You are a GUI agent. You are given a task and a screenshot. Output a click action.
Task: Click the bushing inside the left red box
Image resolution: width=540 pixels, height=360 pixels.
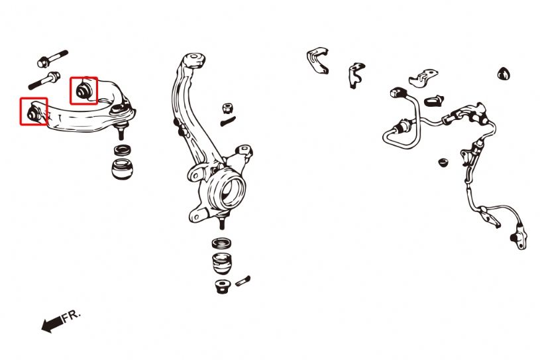tap(32, 113)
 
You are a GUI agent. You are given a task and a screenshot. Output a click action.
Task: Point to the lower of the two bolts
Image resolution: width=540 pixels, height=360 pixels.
tap(44, 80)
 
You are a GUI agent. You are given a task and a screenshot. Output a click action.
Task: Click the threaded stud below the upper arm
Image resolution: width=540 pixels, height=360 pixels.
tap(121, 133)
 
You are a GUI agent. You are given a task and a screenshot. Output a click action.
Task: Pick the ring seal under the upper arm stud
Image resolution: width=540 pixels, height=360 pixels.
tap(123, 150)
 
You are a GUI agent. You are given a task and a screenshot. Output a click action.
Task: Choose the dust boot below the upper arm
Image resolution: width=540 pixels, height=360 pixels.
tap(122, 168)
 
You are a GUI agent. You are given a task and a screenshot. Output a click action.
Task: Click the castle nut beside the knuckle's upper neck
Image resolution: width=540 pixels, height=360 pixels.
tap(227, 108)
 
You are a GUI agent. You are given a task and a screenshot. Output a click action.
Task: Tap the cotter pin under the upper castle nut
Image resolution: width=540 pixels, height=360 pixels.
tap(228, 121)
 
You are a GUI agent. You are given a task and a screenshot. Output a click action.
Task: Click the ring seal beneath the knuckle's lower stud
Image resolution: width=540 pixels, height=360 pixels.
tap(222, 243)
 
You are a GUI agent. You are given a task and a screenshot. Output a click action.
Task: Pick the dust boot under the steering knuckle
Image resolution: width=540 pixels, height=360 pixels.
tap(222, 264)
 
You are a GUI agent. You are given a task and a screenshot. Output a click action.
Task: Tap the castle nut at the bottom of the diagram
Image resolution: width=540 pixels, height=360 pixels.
tap(222, 286)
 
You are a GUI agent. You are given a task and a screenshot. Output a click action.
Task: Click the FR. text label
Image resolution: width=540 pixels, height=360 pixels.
tap(72, 316)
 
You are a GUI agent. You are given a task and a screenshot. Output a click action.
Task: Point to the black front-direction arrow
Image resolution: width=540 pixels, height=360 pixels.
tap(52, 324)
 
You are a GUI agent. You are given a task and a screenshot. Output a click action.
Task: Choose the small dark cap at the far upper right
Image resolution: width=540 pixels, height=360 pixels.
tap(504, 74)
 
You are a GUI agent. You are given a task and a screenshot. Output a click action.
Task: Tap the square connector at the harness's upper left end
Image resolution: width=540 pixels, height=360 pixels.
tap(397, 93)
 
